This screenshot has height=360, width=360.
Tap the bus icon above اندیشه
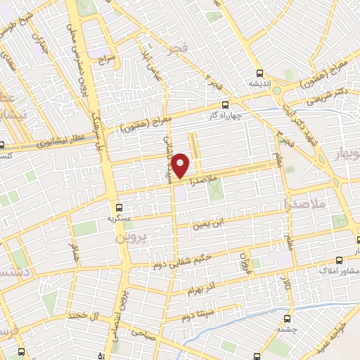(260, 73)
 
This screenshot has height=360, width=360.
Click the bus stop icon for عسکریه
(119, 207)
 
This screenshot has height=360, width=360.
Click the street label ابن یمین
(212, 224)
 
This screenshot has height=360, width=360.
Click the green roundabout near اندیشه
(277, 90)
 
